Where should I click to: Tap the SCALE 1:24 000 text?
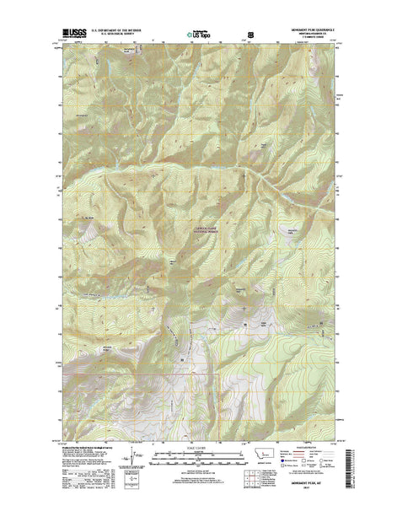199,447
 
